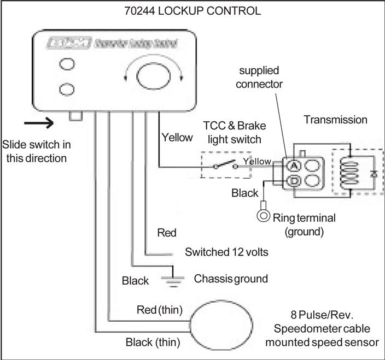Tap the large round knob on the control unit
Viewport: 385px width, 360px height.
(148, 74)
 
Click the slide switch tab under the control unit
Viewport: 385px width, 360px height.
(76, 116)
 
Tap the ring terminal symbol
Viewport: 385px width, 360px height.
(264, 215)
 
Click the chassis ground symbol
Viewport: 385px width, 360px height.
(173, 279)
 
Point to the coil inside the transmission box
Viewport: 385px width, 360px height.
(346, 173)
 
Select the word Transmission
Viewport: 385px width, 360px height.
(336, 120)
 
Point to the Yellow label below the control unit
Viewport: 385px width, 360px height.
(177, 138)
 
